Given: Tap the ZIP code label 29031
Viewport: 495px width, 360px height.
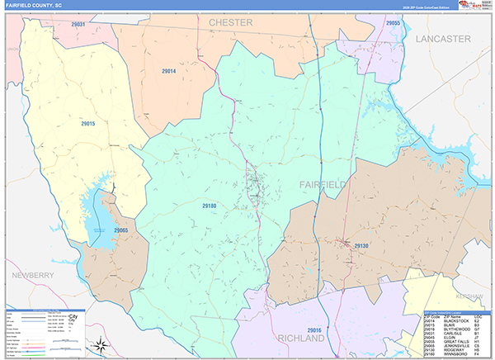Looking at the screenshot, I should click(78, 25).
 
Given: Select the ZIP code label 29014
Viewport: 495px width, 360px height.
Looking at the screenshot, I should click(168, 72).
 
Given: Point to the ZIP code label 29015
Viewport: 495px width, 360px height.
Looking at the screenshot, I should click(88, 124).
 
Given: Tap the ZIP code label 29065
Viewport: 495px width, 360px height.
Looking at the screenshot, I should click(121, 230).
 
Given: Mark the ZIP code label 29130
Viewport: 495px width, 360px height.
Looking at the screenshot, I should click(362, 246).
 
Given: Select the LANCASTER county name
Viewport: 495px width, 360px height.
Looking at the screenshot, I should click(442, 39).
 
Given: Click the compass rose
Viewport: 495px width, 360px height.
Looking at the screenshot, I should click(101, 344).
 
